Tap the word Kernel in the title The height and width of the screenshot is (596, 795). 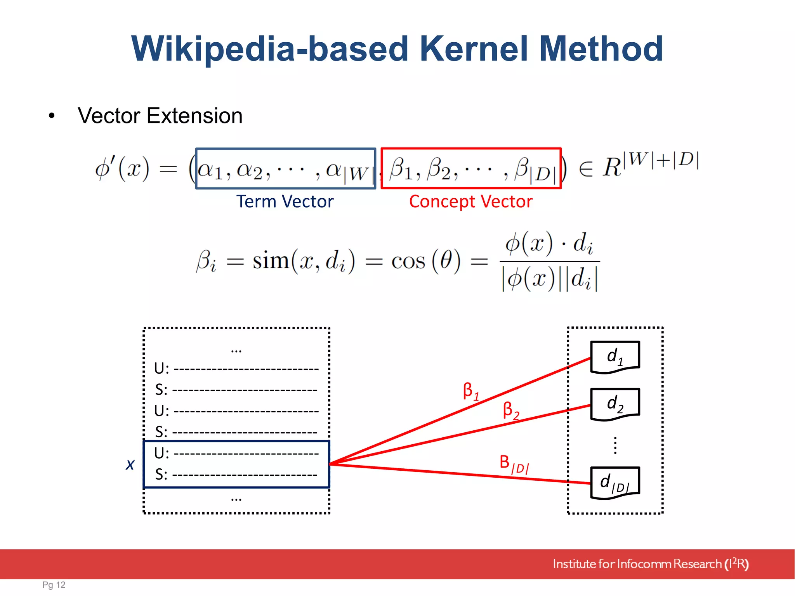[474, 49]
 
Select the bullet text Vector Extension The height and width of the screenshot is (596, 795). [160, 116]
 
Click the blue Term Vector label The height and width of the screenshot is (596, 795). [285, 202]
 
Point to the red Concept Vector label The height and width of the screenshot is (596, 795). [470, 202]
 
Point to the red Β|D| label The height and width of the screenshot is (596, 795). [514, 464]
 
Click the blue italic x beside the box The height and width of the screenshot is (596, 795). [130, 464]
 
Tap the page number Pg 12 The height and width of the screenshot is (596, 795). [54, 585]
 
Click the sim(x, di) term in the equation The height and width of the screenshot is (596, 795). [304, 261]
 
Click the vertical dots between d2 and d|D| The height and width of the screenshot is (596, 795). [615, 445]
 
